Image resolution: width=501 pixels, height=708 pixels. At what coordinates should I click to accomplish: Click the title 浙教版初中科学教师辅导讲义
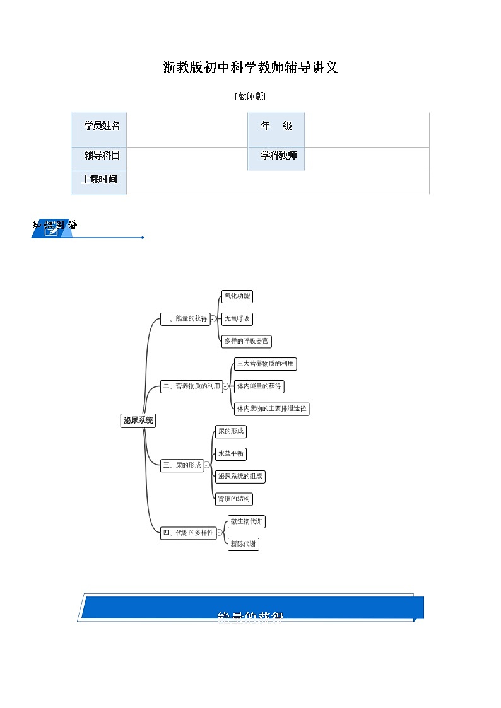click(x=250, y=68)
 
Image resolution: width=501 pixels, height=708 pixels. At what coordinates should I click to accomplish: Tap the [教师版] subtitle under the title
click(x=250, y=96)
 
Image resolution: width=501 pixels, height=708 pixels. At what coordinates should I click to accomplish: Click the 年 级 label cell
click(x=276, y=126)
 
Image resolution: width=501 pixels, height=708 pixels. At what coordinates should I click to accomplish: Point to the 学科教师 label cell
click(x=276, y=155)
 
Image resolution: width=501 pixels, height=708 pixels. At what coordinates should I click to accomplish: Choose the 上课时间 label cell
click(x=100, y=179)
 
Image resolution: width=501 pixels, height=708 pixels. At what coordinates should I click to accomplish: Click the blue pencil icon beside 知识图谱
click(x=52, y=231)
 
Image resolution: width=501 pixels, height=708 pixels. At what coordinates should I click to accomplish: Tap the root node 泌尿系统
click(x=138, y=421)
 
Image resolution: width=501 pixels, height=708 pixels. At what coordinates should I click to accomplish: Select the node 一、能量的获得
click(x=185, y=319)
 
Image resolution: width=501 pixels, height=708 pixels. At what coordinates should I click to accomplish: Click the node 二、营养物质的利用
click(x=191, y=386)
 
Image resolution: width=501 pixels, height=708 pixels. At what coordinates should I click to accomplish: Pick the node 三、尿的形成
click(x=182, y=465)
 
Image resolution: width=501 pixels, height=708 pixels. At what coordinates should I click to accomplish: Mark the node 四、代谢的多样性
click(x=188, y=533)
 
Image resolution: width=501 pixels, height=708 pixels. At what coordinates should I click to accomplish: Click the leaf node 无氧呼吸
click(x=237, y=319)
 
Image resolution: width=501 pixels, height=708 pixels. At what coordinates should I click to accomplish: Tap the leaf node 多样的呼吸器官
click(x=247, y=341)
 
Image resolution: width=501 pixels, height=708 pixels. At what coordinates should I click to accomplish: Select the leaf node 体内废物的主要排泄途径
click(x=271, y=409)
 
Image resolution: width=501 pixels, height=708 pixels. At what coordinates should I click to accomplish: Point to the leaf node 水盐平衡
click(x=231, y=454)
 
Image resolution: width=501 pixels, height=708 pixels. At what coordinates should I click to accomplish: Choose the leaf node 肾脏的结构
click(x=233, y=499)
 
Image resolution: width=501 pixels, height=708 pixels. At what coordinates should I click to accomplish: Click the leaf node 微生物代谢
click(x=247, y=521)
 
